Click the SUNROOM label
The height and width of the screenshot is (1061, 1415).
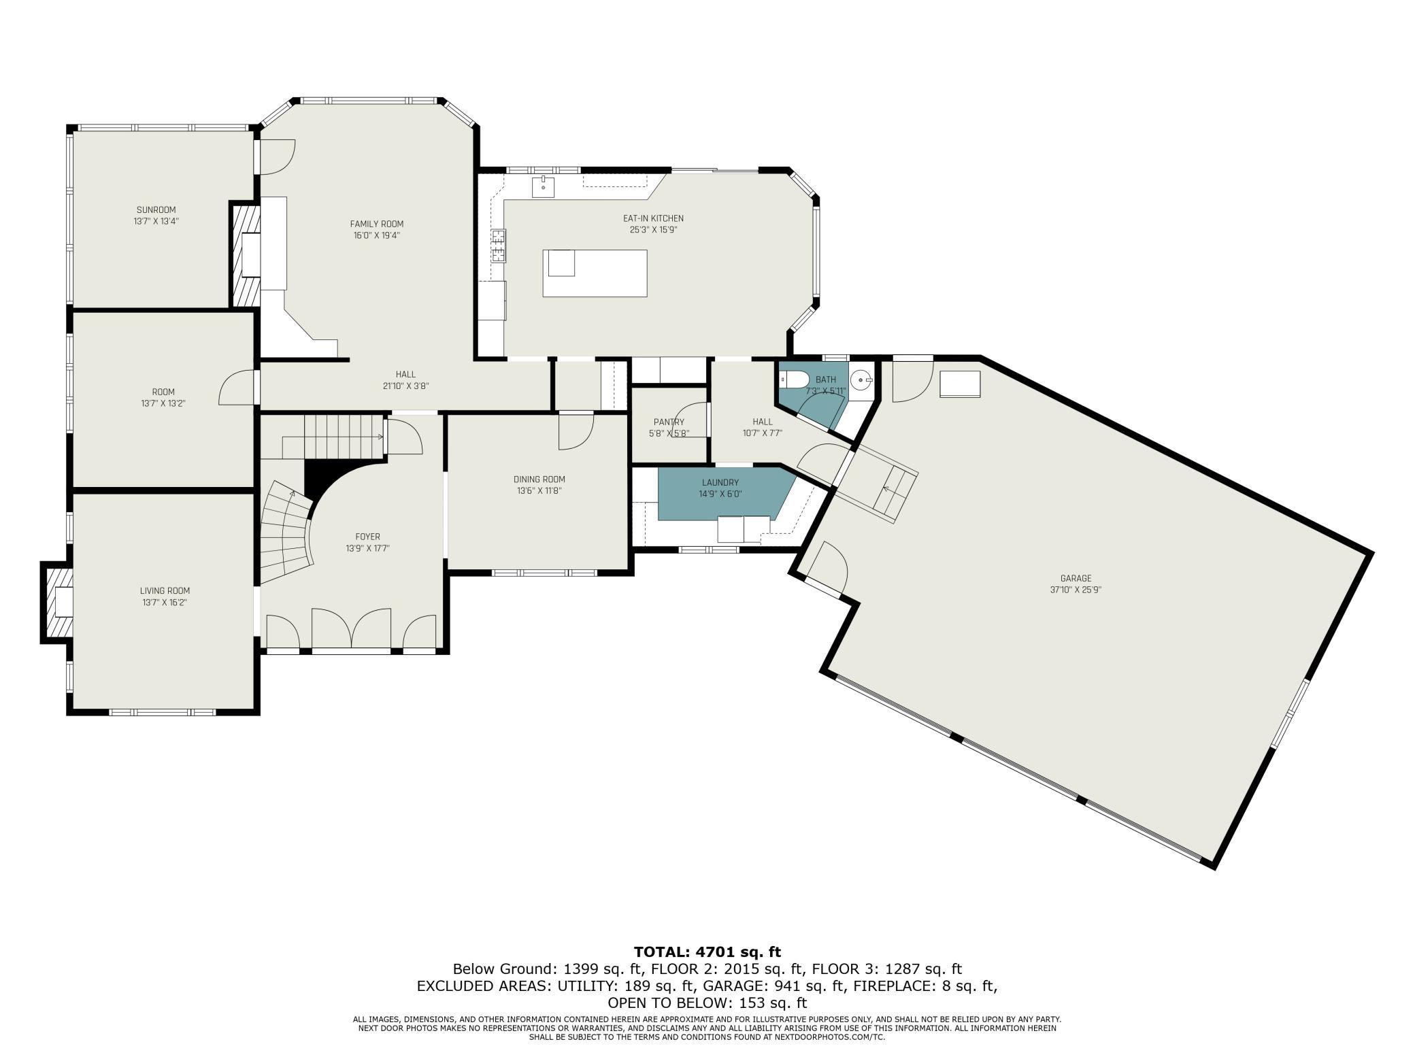coord(156,209)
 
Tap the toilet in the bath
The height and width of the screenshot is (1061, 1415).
coord(794,378)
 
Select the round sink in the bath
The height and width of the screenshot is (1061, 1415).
coord(863,377)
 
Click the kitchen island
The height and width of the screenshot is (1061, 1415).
coord(595,273)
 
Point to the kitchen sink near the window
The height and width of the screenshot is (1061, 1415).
coord(544,186)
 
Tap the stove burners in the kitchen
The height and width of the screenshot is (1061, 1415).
coord(499,246)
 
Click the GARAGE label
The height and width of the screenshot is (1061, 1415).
coord(1076,578)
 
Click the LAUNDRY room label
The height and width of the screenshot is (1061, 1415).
coord(720,483)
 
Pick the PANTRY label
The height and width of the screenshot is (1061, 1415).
coord(669,422)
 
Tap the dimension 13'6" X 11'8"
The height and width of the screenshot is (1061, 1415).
coord(539,490)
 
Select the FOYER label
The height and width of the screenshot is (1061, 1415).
coord(367,537)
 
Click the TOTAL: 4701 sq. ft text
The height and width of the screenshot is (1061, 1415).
coord(707,951)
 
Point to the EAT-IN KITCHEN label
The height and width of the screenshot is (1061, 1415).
coord(653,218)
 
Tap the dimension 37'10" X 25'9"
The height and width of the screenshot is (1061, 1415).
coord(1076,590)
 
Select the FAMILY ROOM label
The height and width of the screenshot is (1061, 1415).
coord(377,224)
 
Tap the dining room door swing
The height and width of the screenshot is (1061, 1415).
coord(576,431)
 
